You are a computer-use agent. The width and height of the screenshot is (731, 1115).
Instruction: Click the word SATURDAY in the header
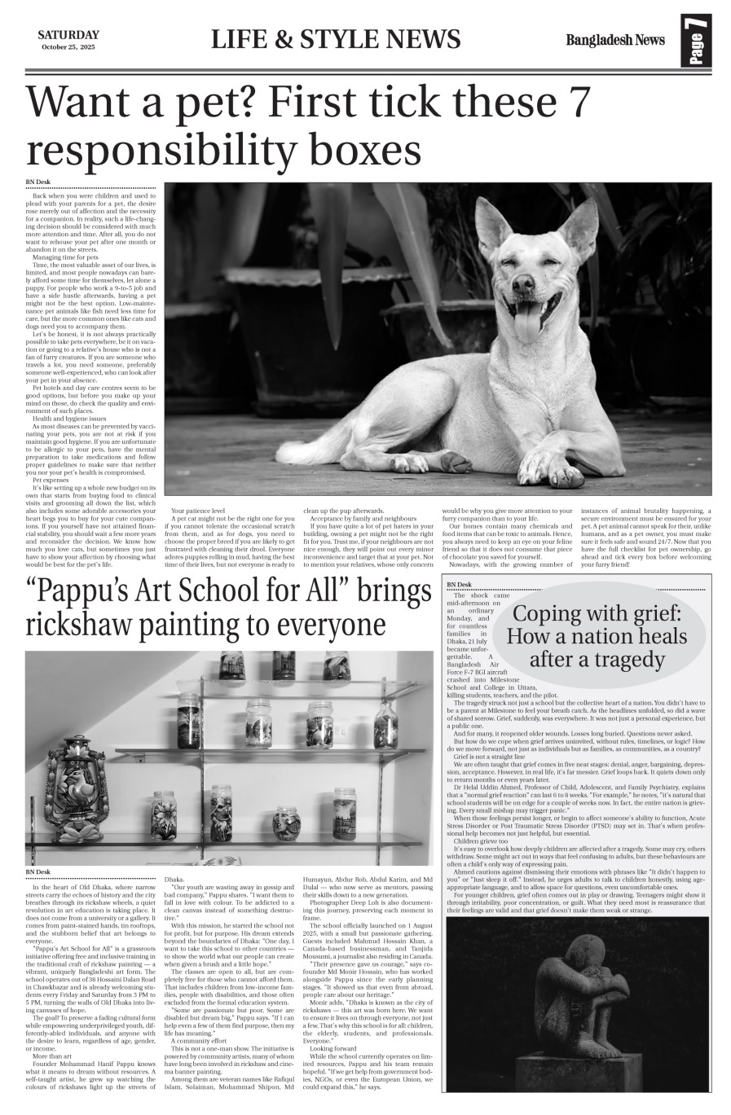click(x=68, y=34)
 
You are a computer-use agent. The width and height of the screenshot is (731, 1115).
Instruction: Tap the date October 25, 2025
click(x=68, y=47)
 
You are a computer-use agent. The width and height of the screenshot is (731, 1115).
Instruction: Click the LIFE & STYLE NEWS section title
click(x=335, y=39)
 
